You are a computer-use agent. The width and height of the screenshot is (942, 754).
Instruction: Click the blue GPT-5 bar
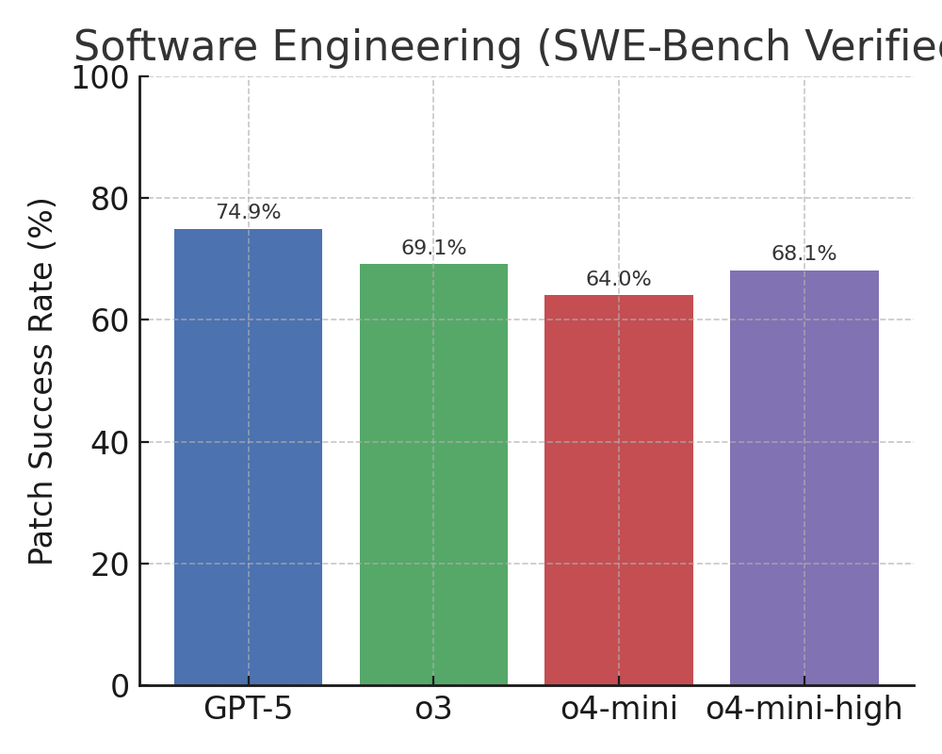pyautogui.click(x=248, y=457)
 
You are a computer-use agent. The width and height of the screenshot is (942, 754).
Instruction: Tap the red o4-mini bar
pyautogui.click(x=619, y=490)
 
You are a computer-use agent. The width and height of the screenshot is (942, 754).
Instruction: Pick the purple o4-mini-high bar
pyautogui.click(x=804, y=478)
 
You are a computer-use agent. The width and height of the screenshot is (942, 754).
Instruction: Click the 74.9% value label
pyautogui.click(x=248, y=213)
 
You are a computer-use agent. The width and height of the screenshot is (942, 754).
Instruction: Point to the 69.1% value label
pyautogui.click(x=433, y=249)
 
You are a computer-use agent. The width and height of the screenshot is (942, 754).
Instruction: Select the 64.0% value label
pyautogui.click(x=619, y=280)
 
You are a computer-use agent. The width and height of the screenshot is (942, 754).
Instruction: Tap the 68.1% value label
pyautogui.click(x=804, y=254)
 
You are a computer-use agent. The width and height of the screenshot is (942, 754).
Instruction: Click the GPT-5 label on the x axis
pyautogui.click(x=248, y=709)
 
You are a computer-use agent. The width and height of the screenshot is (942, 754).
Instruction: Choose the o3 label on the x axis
pyautogui.click(x=433, y=709)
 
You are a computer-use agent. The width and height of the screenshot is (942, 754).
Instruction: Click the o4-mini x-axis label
pyautogui.click(x=619, y=709)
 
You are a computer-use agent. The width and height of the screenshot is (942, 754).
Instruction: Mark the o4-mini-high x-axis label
pyautogui.click(x=804, y=709)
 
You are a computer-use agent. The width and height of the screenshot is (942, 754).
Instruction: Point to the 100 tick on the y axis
pyautogui.click(x=101, y=78)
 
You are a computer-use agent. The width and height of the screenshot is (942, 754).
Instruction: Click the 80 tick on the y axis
pyautogui.click(x=110, y=199)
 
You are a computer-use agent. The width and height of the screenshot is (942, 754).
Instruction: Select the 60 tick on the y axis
pyautogui.click(x=110, y=320)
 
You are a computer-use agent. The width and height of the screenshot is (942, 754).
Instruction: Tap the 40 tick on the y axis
pyautogui.click(x=110, y=442)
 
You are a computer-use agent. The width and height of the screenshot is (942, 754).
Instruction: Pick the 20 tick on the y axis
pyautogui.click(x=110, y=564)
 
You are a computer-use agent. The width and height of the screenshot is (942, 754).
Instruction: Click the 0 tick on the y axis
pyautogui.click(x=120, y=686)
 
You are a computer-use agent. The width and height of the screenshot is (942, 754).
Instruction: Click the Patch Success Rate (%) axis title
pyautogui.click(x=42, y=381)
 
